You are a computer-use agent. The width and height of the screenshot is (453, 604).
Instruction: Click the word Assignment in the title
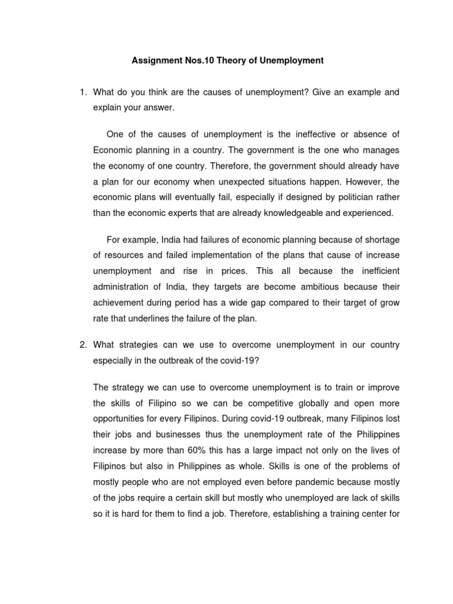(155, 60)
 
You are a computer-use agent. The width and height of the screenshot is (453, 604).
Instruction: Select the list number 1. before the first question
(84, 92)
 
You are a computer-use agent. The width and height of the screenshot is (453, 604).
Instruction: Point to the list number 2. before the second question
(84, 344)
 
